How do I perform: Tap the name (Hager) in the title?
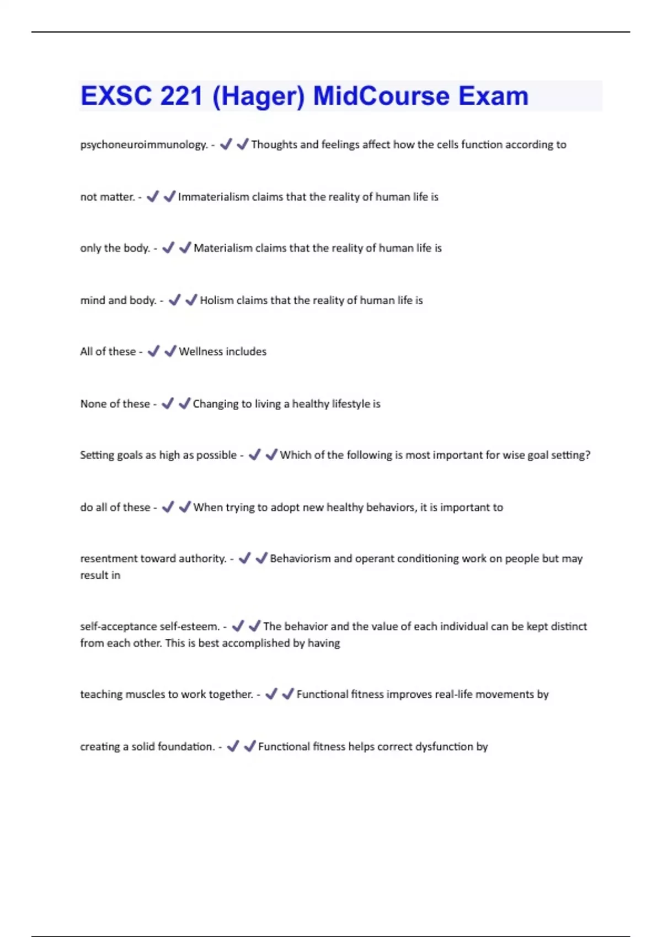pos(258,96)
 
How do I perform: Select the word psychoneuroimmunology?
pos(143,144)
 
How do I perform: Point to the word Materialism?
pos(223,248)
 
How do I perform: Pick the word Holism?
pos(217,300)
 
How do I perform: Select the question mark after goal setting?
pos(588,455)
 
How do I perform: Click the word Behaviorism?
pos(300,558)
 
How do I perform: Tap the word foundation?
pos(186,747)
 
